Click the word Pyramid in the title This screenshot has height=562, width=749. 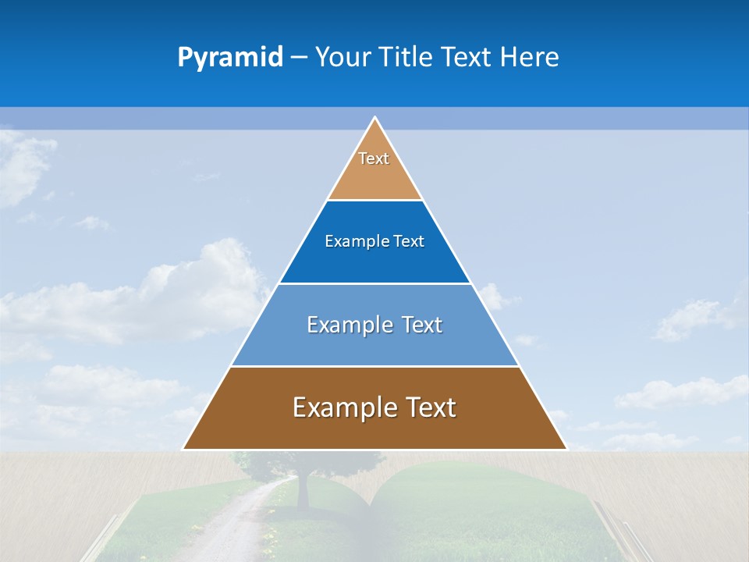click(230, 58)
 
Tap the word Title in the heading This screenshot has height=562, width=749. click(410, 58)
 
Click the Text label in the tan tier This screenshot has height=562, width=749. click(374, 158)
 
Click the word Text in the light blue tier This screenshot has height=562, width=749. click(422, 325)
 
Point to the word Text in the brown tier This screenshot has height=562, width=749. click(430, 407)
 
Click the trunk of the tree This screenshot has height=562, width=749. click(303, 492)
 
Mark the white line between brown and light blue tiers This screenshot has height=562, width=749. click(374, 366)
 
